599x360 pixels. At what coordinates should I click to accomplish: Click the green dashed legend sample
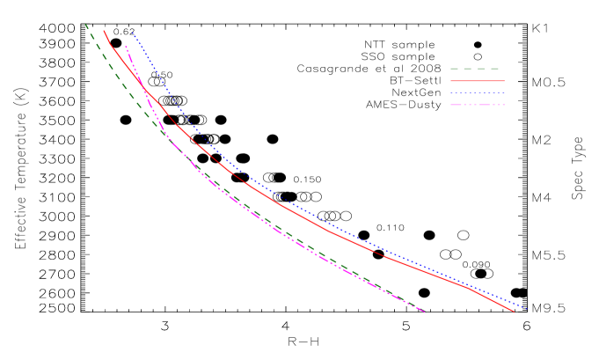pos(475,69)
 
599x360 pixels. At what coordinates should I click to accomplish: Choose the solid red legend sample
pos(477,81)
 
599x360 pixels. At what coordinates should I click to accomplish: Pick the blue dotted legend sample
pos(477,92)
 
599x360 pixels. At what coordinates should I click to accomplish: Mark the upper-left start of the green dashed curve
pos(85,25)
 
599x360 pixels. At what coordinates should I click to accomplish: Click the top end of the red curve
pos(104,31)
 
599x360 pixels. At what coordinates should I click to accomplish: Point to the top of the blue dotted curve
pos(132,33)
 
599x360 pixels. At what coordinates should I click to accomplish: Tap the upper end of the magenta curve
pos(125,46)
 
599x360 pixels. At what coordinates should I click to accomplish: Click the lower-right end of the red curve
pos(514,312)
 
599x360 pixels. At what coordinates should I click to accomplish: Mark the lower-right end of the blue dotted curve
pos(526,308)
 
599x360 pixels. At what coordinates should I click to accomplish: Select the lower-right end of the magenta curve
pos(425,312)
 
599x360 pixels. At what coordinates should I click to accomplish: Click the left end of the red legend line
pos(451,81)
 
